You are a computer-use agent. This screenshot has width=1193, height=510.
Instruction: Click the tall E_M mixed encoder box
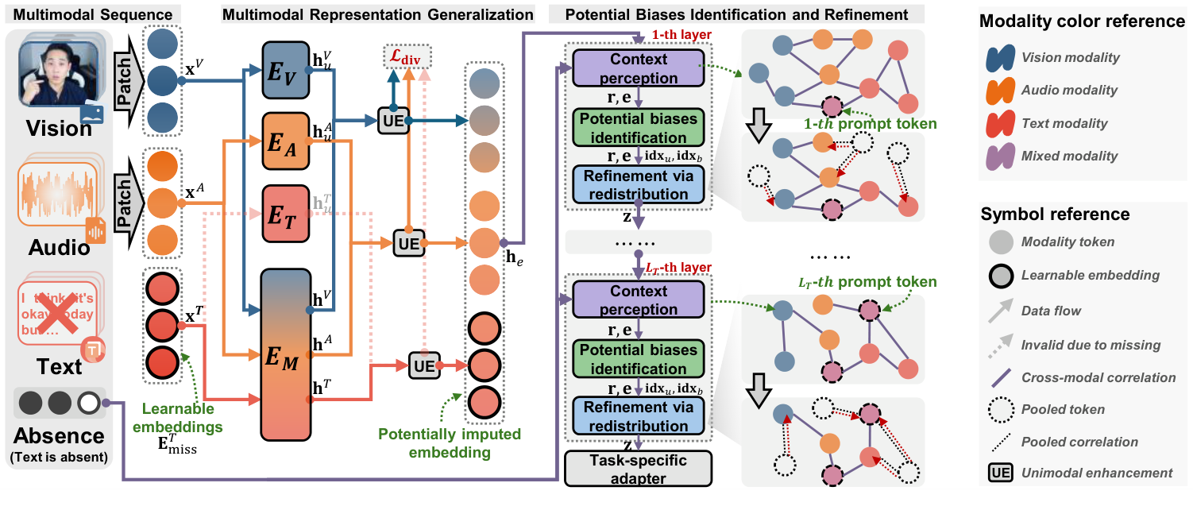pos(288,354)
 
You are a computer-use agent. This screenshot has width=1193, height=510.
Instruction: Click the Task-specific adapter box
pos(638,469)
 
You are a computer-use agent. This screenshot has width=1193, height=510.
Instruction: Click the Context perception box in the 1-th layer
pos(638,68)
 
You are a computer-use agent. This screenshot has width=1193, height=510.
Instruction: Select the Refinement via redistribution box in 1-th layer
pos(638,184)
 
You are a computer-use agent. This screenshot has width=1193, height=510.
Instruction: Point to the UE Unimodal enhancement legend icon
pos(1000,473)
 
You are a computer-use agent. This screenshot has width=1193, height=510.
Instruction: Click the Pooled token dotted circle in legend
pos(1000,410)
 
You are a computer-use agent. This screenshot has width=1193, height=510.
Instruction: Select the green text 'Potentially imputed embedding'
pos(450,443)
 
